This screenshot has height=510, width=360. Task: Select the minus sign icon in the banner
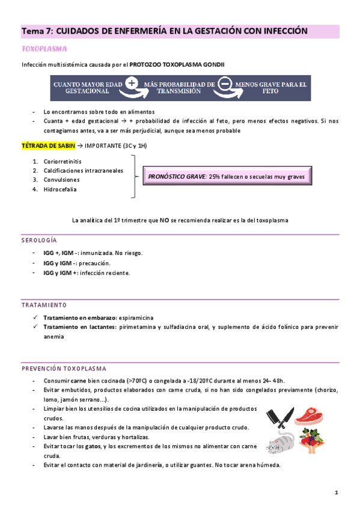click(x=225, y=84)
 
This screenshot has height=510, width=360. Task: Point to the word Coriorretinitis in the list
click(x=63, y=161)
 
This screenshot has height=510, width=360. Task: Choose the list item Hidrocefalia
click(x=60, y=189)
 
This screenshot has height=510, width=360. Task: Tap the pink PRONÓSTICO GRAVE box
click(x=227, y=177)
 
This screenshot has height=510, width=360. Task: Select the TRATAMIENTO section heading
click(x=43, y=305)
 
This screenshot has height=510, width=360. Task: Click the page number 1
click(x=337, y=493)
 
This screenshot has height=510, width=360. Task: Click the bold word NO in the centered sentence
click(x=164, y=220)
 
